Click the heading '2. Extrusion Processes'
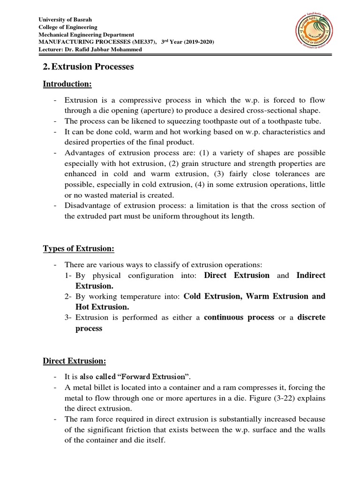[88, 67]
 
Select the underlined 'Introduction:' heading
[67, 84]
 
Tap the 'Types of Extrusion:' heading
[79, 248]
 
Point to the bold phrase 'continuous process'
[239, 317]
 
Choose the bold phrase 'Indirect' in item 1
[311, 275]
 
